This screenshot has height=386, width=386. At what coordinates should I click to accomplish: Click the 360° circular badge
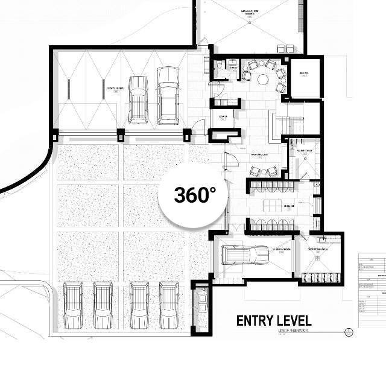click(194, 194)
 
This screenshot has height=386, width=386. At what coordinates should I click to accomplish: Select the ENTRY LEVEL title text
click(274, 320)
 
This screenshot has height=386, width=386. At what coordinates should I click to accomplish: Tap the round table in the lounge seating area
click(263, 78)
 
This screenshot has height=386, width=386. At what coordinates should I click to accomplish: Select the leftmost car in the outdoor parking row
click(73, 304)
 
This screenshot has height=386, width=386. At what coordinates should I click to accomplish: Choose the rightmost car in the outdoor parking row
click(170, 304)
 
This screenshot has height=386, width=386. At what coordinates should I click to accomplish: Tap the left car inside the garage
click(139, 98)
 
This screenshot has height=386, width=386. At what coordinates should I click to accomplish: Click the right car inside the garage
click(168, 95)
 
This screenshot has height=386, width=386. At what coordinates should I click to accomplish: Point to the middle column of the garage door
click(121, 134)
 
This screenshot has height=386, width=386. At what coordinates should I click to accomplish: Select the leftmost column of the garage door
click(55, 134)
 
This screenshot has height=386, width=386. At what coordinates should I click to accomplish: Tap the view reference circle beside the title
click(348, 331)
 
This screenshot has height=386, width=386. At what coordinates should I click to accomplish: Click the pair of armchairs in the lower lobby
click(266, 171)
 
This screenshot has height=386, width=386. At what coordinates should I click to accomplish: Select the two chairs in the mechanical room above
click(285, 48)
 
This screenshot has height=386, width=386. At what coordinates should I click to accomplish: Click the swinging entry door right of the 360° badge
click(229, 159)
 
